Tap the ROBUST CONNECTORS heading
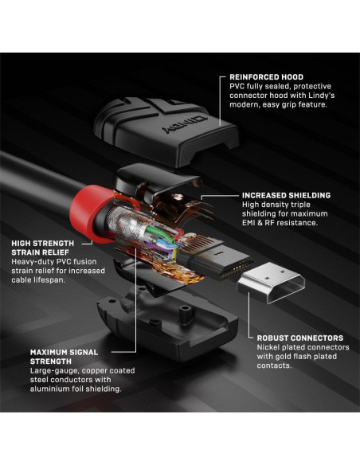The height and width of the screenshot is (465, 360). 299,338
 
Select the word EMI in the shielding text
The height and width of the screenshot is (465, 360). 250,223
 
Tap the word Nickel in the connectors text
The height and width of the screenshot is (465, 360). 271,347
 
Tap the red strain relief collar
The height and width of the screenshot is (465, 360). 97,209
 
